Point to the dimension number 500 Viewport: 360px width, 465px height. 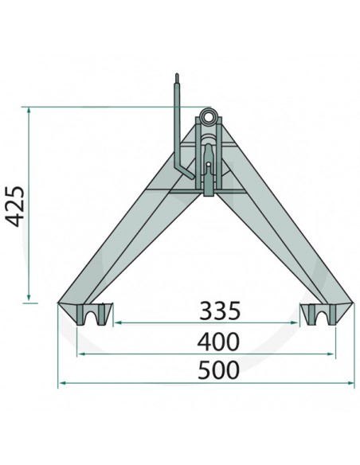click(x=210, y=370)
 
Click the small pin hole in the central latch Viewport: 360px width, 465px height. click(x=208, y=166)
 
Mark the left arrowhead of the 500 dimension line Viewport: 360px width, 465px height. click(x=61, y=384)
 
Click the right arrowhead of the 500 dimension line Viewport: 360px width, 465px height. click(x=353, y=384)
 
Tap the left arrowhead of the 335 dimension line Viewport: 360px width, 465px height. click(x=116, y=322)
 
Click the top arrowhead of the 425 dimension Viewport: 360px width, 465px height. click(x=29, y=109)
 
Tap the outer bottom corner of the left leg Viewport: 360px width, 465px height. click(x=59, y=303)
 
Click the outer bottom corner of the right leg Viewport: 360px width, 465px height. click(x=354, y=303)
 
